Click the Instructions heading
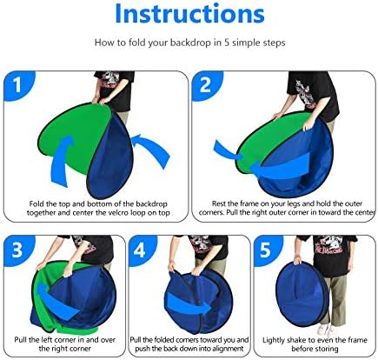[x=189, y=14]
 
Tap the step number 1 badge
[x=17, y=84]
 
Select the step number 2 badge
[x=206, y=84]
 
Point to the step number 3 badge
[x=17, y=250]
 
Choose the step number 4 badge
[x=141, y=250]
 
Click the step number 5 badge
[x=266, y=250]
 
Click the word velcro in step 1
[x=126, y=213]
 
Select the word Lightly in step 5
[x=274, y=340]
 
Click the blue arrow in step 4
[x=189, y=307]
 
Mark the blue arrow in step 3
[x=56, y=303]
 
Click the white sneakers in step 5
[x=326, y=329]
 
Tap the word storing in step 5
[x=328, y=349]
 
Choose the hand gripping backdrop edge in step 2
[x=308, y=126]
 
